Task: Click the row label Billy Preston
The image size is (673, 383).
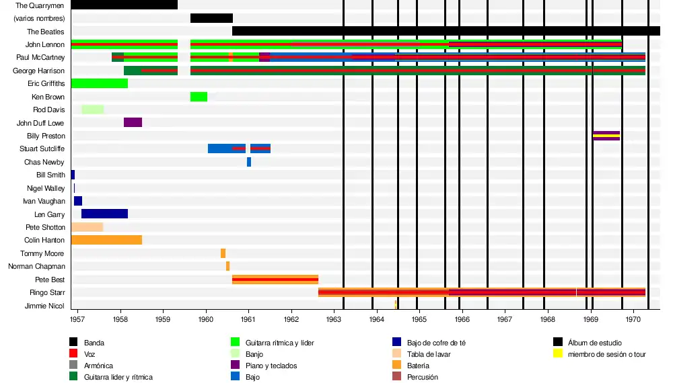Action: [46, 136]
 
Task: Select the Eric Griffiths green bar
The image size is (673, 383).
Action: [99, 83]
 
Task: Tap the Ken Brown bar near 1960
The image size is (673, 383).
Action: [199, 97]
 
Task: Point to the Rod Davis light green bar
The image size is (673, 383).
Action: [92, 110]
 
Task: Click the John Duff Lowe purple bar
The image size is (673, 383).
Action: [133, 122]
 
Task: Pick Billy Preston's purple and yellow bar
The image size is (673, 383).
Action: [606, 136]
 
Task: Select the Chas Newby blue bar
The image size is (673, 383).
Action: [249, 162]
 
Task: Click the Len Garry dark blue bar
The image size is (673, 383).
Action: [104, 214]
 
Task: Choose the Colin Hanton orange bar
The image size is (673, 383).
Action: [106, 240]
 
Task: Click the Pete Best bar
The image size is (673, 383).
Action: [275, 280]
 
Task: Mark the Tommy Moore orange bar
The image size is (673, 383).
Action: [223, 253]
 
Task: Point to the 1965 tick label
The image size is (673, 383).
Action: [419, 319]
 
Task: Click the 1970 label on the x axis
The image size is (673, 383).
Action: [633, 319]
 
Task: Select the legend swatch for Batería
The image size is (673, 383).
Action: [397, 366]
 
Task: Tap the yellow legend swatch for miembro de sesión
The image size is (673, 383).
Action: [558, 354]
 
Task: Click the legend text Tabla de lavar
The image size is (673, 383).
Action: [429, 354]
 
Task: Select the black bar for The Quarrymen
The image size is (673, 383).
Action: [124, 5]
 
